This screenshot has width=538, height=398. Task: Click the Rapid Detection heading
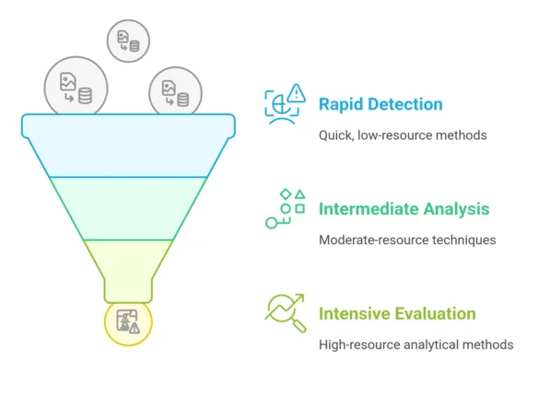pos(380,104)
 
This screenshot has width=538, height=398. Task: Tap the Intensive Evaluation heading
pos(397,314)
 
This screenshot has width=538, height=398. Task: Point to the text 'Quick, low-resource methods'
pos(403,135)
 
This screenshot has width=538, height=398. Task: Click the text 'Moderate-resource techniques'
pos(407,240)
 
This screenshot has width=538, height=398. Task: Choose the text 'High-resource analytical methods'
pos(415,345)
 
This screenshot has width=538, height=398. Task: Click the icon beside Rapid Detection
pos(284,103)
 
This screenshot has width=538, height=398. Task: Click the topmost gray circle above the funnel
pos(128,41)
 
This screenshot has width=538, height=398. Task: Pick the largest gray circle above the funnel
pos(76,88)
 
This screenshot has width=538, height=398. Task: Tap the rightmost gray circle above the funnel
pos(175,91)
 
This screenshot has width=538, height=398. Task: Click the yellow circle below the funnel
pos(127,322)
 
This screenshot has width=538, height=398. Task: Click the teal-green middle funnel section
pos(127,207)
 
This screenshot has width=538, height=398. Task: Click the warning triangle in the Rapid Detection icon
pos(296,93)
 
